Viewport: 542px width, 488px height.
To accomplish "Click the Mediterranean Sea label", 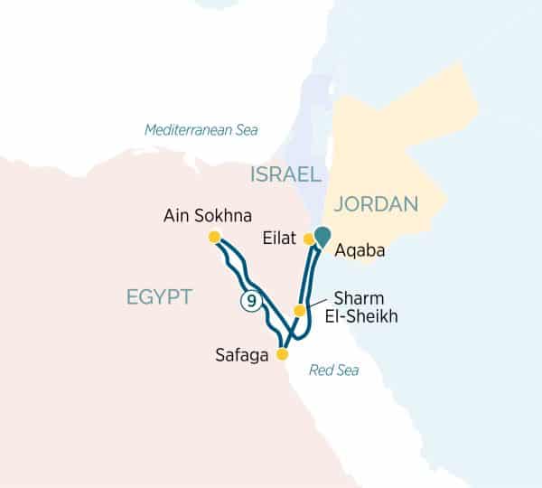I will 201,130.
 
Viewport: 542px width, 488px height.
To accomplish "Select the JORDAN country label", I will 377,205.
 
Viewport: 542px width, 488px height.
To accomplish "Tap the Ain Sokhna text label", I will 208,216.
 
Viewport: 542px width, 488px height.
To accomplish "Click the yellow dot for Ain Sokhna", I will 214,237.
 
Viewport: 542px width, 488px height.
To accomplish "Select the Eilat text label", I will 281,239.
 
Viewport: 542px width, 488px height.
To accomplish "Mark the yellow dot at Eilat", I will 309,239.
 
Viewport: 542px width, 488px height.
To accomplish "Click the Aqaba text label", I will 360,251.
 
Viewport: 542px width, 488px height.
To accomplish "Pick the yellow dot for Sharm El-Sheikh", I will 299,311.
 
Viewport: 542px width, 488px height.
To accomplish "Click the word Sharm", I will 357,298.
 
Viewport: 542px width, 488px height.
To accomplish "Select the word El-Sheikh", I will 365,317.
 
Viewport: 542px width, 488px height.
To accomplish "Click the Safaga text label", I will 242,355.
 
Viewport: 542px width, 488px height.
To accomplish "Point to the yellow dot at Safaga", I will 282,354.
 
